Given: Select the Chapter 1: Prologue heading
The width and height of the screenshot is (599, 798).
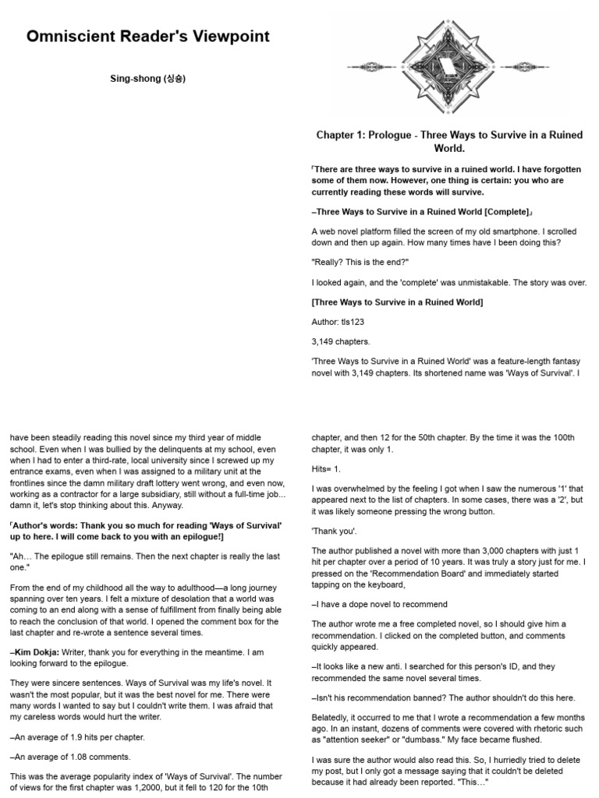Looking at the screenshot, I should click(x=449, y=141).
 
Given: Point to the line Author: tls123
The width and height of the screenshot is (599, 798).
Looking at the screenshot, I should click(x=341, y=321).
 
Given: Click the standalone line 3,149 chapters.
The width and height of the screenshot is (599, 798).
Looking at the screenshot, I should click(x=341, y=341).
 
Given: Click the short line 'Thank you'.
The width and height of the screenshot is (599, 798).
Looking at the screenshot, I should click(x=334, y=531).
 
